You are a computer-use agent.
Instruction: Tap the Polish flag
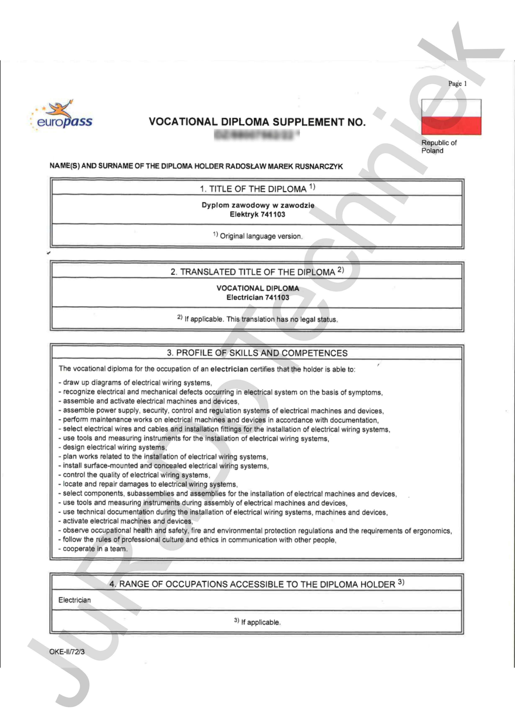pyautogui.click(x=451, y=117)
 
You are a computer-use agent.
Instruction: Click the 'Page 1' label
pyautogui.click(x=457, y=84)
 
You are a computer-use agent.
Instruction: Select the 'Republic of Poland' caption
pyautogui.click(x=439, y=147)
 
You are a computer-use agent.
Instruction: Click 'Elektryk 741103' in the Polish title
pyautogui.click(x=257, y=215)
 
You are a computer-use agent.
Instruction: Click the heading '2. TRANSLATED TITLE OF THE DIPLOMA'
pyautogui.click(x=257, y=272)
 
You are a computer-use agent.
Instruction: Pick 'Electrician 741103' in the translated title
pyautogui.click(x=257, y=297)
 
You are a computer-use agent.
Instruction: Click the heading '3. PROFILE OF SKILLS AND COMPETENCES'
pyautogui.click(x=257, y=353)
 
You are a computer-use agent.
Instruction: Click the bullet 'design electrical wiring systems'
pyautogui.click(x=114, y=447)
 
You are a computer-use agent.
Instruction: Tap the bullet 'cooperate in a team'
pyautogui.click(x=95, y=549)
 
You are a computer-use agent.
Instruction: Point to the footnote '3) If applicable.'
pyautogui.click(x=257, y=622)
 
